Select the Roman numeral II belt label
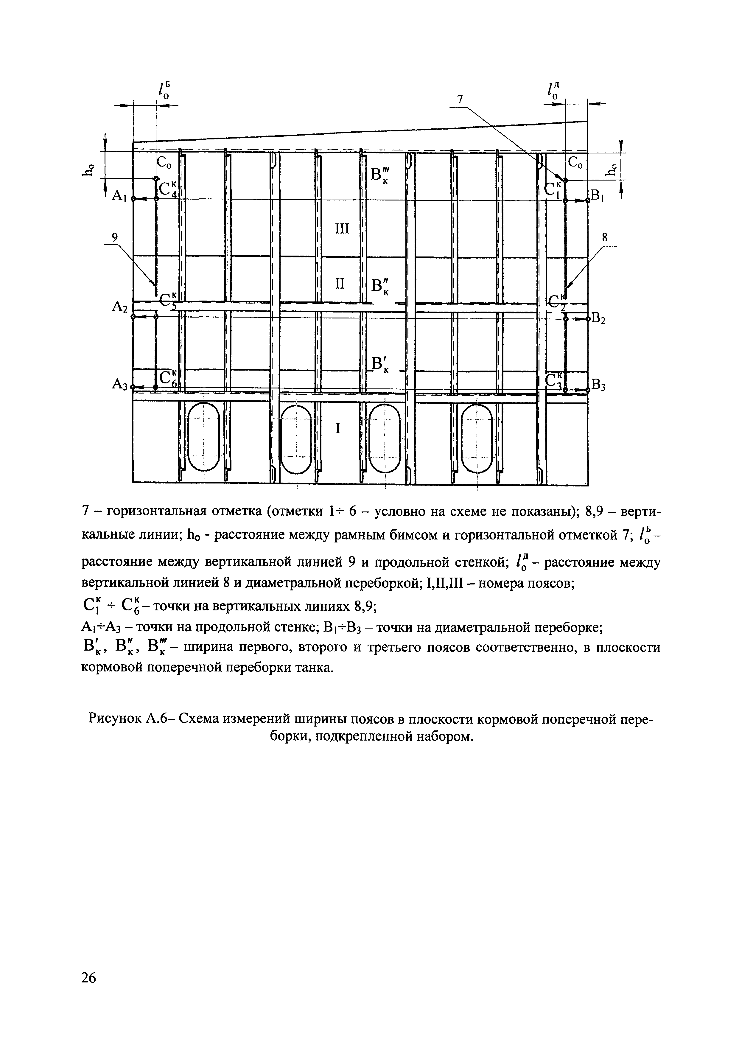pos(340,284)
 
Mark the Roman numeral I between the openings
pos(338,428)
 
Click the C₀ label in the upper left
pos(164,162)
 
